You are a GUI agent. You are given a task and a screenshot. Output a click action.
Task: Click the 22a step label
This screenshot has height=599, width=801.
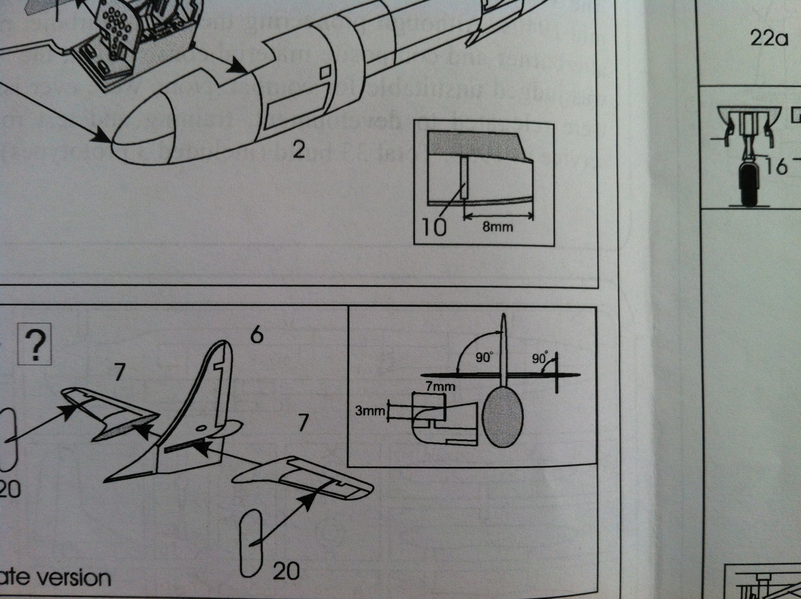click(769, 38)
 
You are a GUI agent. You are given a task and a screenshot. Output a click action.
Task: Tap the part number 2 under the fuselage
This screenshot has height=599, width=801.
click(298, 150)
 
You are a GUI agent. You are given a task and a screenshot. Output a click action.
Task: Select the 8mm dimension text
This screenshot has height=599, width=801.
click(497, 227)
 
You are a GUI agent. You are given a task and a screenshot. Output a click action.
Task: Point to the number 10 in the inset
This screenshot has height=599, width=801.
click(434, 228)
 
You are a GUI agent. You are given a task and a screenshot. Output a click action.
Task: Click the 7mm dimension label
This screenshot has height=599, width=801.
click(441, 386)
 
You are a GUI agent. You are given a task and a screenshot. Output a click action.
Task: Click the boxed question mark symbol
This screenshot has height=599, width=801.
click(36, 345)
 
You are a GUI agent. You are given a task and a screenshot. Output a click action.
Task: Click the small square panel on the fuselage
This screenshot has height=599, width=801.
click(325, 71)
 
